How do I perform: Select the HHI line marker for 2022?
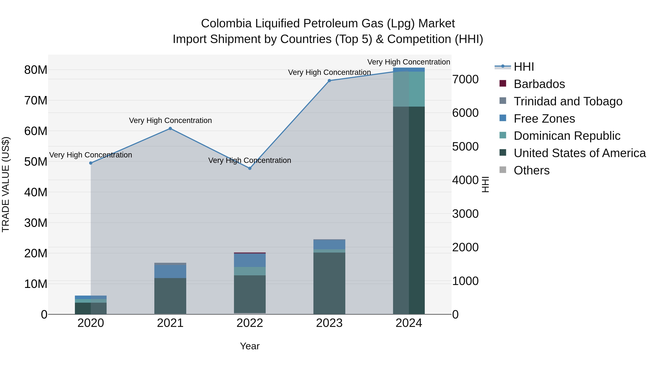pos(250,168)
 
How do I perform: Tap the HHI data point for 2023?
pos(329,81)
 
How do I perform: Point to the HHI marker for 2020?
pos(91,163)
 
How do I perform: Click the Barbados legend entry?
pos(539,84)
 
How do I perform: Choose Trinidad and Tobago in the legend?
pos(568,101)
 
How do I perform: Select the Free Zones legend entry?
pos(544,119)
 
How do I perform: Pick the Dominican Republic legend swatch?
pos(503,135)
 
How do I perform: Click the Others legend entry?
pos(532,170)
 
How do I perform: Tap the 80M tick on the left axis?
pos(36,70)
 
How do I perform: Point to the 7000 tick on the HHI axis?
pos(465,79)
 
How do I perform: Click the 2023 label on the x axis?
pos(329,323)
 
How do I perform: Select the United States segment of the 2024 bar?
pos(409,210)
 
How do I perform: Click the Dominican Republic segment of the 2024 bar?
pos(409,89)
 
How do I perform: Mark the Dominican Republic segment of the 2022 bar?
pos(250,271)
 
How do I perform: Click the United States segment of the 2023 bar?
pos(329,283)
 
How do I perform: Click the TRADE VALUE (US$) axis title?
pos(6,184)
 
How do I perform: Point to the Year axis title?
pos(250,346)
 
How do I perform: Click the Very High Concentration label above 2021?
pos(170,120)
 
